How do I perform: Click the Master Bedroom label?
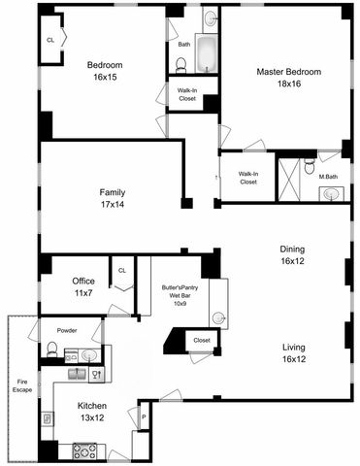pyautogui.click(x=287, y=72)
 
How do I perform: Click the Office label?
pyautogui.click(x=83, y=282)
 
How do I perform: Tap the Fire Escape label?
pyautogui.click(x=23, y=384)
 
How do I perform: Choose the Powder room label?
pyautogui.click(x=67, y=330)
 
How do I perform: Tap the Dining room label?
pyautogui.click(x=292, y=249)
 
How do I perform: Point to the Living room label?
pyautogui.click(x=293, y=348)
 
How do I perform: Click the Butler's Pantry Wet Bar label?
pyautogui.click(x=180, y=291)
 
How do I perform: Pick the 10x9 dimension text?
pyautogui.click(x=180, y=304)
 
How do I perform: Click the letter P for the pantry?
pyautogui.click(x=143, y=419)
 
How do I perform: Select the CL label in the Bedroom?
pyautogui.click(x=49, y=41)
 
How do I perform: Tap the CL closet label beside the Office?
pyautogui.click(x=122, y=271)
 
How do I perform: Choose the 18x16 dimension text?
pyautogui.click(x=287, y=85)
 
